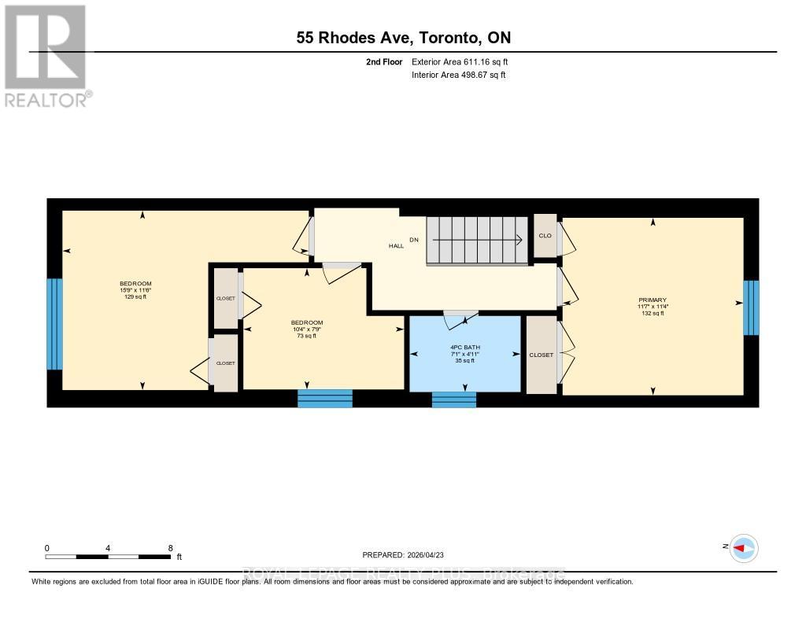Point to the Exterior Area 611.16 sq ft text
(465, 61)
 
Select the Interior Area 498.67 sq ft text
(458, 75)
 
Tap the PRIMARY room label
(653, 300)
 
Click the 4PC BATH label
(465, 348)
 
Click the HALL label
(396, 246)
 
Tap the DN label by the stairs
(413, 239)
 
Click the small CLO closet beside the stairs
(545, 235)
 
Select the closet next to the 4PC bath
(541, 355)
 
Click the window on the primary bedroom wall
(751, 307)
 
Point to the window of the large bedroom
(54, 324)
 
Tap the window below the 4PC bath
(454, 399)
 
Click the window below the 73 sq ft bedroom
(324, 398)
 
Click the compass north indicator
(742, 548)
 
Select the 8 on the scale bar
(170, 548)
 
